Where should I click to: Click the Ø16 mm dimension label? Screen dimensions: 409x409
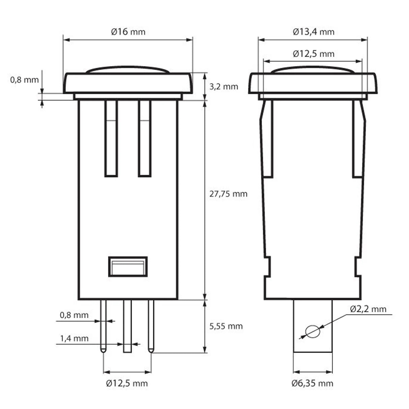pyautogui.click(x=128, y=32)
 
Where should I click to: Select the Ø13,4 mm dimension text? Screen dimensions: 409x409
pyautogui.click(x=313, y=32)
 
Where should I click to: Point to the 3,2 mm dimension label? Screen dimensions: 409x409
pyautogui.click(x=224, y=87)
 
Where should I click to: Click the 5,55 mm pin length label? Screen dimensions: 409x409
pyautogui.click(x=226, y=326)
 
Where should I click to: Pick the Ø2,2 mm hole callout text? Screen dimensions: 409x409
pyautogui.click(x=368, y=309)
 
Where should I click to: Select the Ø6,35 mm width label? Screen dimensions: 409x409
pyautogui.click(x=312, y=383)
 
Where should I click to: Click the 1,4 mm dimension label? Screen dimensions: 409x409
pyautogui.click(x=74, y=338)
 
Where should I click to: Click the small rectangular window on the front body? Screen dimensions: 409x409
pyautogui.click(x=128, y=266)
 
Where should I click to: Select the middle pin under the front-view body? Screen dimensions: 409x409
pyautogui.click(x=127, y=325)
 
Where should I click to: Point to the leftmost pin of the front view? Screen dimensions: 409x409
pyautogui.click(x=103, y=325)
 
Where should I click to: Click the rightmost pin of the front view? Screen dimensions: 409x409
pyautogui.click(x=151, y=325)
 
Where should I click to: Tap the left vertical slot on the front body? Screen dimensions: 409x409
pyautogui.click(x=111, y=138)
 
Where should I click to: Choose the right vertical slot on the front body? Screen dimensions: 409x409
pyautogui.click(x=145, y=138)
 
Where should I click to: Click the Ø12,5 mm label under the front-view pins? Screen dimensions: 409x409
pyautogui.click(x=127, y=383)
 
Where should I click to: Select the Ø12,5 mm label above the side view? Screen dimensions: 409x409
pyautogui.click(x=313, y=54)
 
